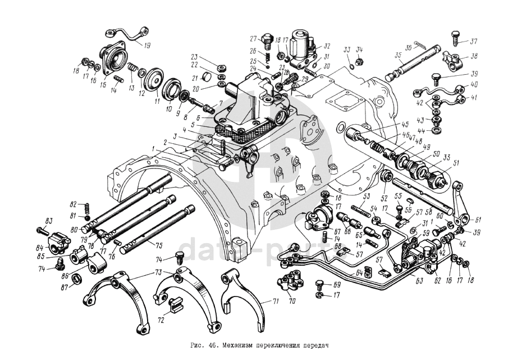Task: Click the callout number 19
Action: click(x=147, y=45)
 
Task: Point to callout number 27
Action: click(x=253, y=38)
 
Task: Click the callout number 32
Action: click(x=327, y=46)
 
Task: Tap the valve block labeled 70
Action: click(x=290, y=284)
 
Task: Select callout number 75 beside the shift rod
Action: click(x=159, y=245)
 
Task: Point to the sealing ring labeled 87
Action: click(x=79, y=279)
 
